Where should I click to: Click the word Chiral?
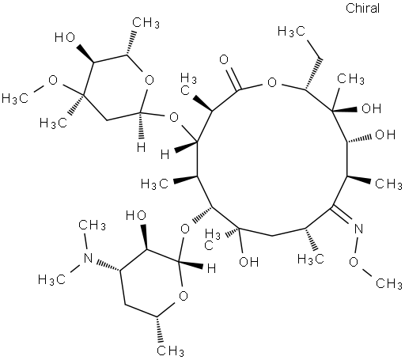[x=362, y=9]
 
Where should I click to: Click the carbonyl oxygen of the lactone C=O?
[x=224, y=60]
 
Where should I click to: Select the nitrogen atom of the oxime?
[x=358, y=229]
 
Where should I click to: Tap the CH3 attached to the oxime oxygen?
[x=389, y=283]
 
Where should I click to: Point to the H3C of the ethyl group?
[x=291, y=32]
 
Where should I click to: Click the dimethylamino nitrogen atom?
[x=88, y=258]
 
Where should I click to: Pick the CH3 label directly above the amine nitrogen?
[x=93, y=225]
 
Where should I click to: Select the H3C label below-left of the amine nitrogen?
[x=51, y=279]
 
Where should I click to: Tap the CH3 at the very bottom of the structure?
[x=171, y=351]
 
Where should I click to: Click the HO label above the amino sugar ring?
[x=136, y=215]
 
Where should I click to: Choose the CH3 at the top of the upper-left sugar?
[x=146, y=22]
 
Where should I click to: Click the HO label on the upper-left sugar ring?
[x=65, y=38]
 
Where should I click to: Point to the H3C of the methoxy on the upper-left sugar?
[x=15, y=98]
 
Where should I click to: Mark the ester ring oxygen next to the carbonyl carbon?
[x=272, y=82]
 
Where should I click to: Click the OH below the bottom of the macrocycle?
[x=249, y=262]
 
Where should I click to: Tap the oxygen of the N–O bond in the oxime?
[x=354, y=262]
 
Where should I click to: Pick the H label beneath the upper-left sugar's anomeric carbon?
[x=141, y=147]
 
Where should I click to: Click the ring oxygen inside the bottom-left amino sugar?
[x=184, y=295]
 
